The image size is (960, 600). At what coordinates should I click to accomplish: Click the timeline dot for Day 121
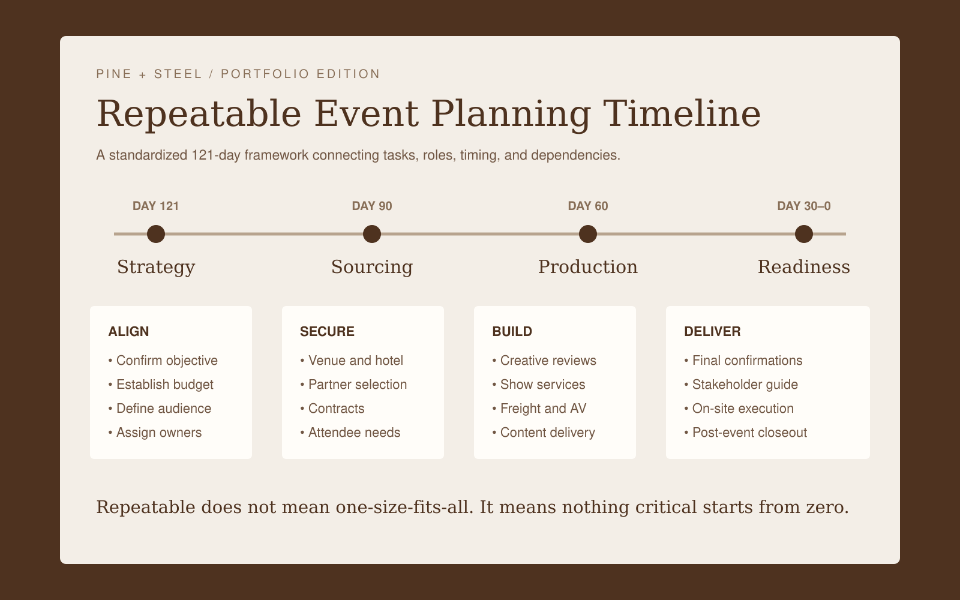156,234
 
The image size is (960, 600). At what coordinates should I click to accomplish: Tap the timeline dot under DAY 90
372,234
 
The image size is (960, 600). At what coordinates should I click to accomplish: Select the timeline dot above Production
588,234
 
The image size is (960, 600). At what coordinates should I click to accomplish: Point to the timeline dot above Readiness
804,234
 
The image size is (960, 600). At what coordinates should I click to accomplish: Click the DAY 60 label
588,206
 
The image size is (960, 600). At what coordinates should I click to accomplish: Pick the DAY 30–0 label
804,206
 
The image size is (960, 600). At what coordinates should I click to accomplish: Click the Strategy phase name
156,268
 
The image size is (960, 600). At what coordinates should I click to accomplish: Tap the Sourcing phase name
372,268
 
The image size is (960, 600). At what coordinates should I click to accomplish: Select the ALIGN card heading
128,331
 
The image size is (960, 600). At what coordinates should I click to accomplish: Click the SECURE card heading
327,331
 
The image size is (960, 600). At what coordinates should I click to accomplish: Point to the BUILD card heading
512,331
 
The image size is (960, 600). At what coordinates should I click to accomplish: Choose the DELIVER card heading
712,331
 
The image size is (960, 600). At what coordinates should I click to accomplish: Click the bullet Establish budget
161,385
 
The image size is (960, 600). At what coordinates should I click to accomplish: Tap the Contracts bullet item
332,409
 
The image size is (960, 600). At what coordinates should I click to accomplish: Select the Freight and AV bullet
539,409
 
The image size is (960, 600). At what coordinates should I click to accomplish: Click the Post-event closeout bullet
746,433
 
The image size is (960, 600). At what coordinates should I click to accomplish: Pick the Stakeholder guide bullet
741,385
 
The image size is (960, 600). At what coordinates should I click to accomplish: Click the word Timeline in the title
682,114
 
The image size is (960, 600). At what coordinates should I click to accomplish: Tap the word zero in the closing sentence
827,508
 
